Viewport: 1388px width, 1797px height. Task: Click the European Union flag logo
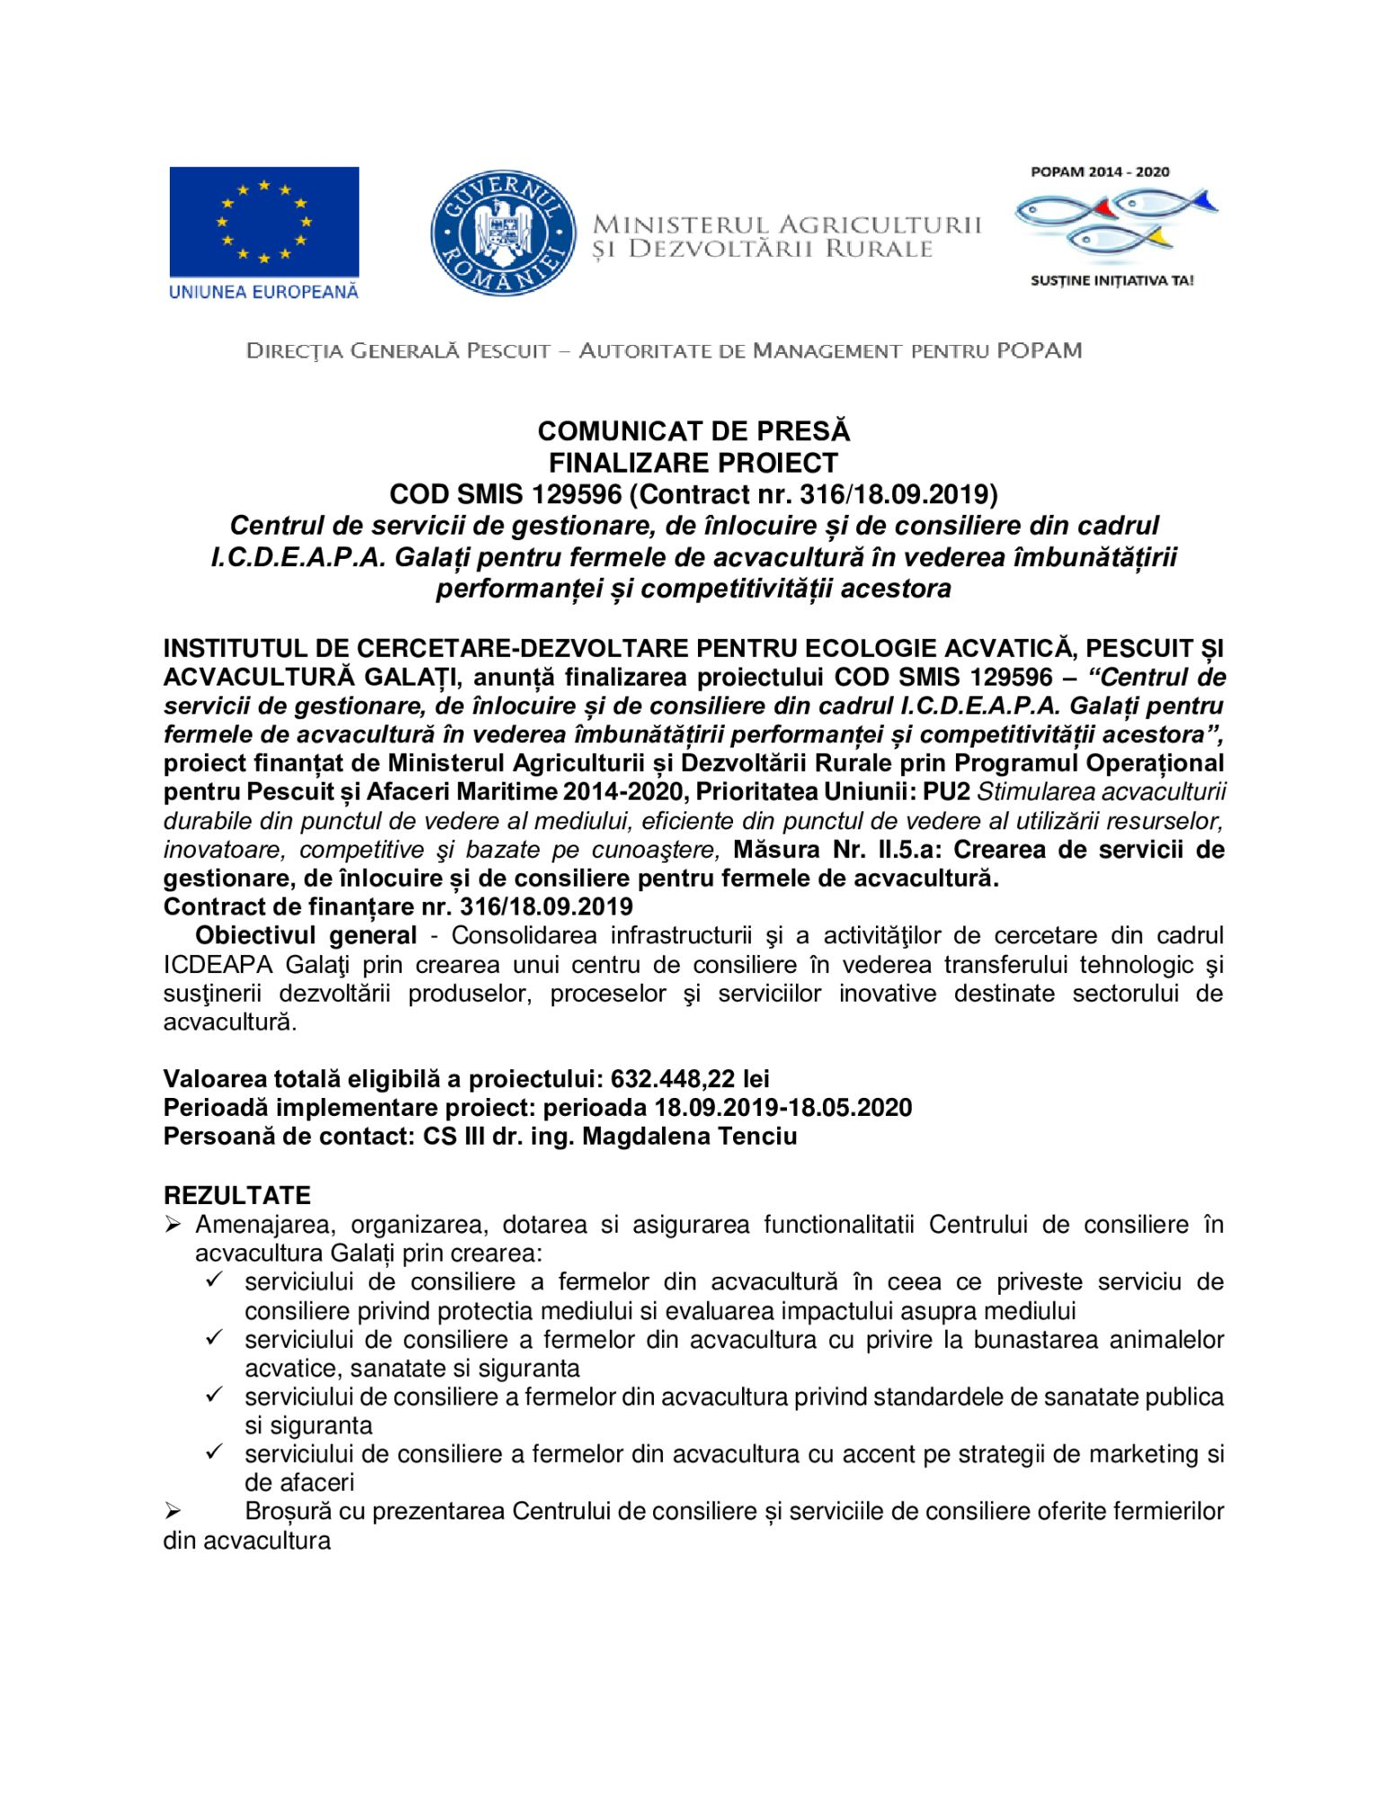click(x=264, y=222)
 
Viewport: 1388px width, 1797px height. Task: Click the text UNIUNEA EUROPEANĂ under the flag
click(x=263, y=292)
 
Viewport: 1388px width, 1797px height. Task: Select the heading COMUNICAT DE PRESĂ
click(x=693, y=431)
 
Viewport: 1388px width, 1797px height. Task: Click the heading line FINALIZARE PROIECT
click(x=693, y=463)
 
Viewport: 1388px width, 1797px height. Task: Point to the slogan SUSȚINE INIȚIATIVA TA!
click(x=1112, y=280)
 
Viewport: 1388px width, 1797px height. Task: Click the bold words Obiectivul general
click(x=305, y=935)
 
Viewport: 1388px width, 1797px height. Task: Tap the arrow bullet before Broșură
click(x=173, y=1512)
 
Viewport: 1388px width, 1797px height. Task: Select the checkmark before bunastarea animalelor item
click(x=215, y=1340)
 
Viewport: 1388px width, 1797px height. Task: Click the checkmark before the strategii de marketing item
click(x=215, y=1454)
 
